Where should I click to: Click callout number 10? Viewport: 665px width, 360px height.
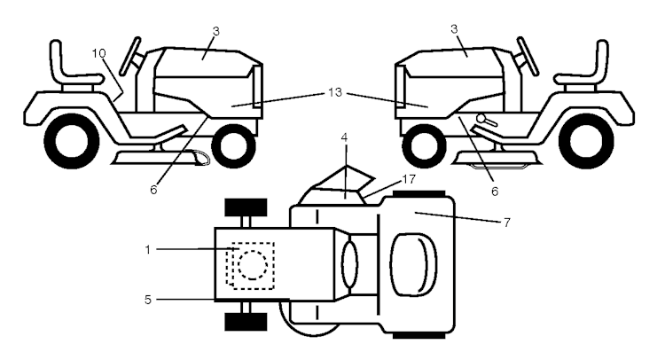click(x=98, y=53)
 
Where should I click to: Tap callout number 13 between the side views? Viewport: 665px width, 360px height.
click(x=335, y=92)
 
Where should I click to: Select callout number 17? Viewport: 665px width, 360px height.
click(x=409, y=179)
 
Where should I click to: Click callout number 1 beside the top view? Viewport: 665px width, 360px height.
click(x=147, y=250)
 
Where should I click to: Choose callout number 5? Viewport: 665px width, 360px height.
click(x=147, y=300)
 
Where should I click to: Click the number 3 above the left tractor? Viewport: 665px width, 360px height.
click(x=216, y=31)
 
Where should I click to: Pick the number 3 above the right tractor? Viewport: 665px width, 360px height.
click(x=454, y=29)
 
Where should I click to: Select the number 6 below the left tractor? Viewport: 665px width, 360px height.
click(x=153, y=190)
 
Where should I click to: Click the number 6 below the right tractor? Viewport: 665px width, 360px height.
click(x=495, y=192)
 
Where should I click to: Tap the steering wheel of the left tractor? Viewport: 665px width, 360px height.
click(x=130, y=57)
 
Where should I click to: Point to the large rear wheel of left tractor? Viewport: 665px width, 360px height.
click(x=72, y=141)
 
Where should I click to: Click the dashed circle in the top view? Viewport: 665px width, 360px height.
click(x=253, y=265)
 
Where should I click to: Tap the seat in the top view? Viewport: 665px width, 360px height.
click(x=414, y=264)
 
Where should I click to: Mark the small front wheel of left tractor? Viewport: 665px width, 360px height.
click(x=234, y=146)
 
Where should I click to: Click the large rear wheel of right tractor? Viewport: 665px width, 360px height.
click(x=586, y=141)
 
